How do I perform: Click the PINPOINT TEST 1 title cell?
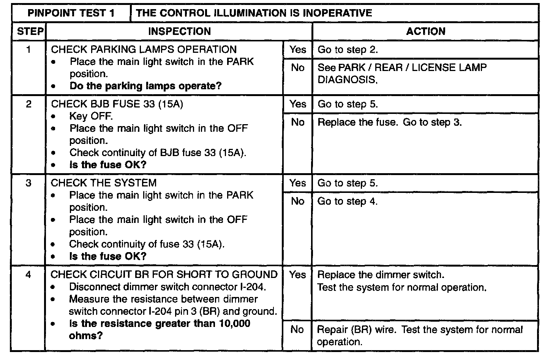click(x=71, y=13)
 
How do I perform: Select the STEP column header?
click(x=30, y=32)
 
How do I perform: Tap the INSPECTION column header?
click(x=179, y=32)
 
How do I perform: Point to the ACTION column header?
click(x=425, y=32)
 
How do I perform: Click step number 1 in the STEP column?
click(x=29, y=49)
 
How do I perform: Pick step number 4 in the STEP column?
click(x=28, y=275)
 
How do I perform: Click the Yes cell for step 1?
click(x=297, y=49)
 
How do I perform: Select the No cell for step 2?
click(x=297, y=122)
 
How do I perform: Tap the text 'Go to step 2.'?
click(x=348, y=50)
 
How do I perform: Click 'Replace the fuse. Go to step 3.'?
click(x=389, y=122)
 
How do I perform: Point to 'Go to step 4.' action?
click(x=348, y=201)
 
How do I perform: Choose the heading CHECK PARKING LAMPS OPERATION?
click(x=144, y=49)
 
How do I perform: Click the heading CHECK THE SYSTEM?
click(x=103, y=183)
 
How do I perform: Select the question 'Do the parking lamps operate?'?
click(x=145, y=86)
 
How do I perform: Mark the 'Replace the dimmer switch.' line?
click(x=381, y=275)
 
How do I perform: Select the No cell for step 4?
click(x=297, y=330)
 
